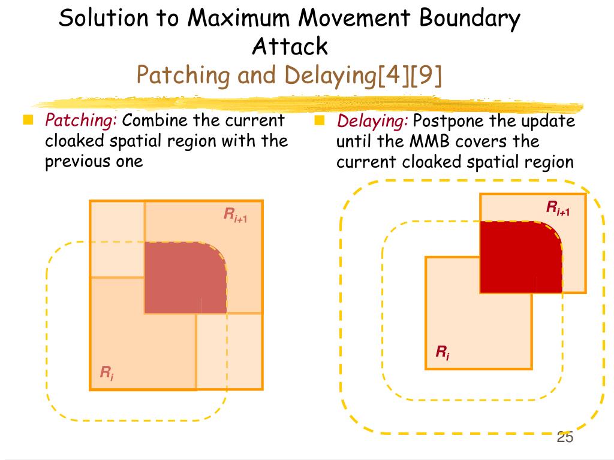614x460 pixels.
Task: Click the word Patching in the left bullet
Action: (x=81, y=121)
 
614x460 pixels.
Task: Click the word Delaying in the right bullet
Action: (x=372, y=122)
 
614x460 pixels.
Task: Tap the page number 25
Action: (x=565, y=437)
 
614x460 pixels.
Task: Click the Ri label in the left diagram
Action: (x=107, y=374)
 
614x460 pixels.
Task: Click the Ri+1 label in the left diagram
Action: (x=236, y=214)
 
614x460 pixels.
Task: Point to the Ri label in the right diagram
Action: (x=443, y=352)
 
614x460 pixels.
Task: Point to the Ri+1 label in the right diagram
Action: (x=558, y=208)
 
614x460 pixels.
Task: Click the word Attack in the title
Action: (x=290, y=46)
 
